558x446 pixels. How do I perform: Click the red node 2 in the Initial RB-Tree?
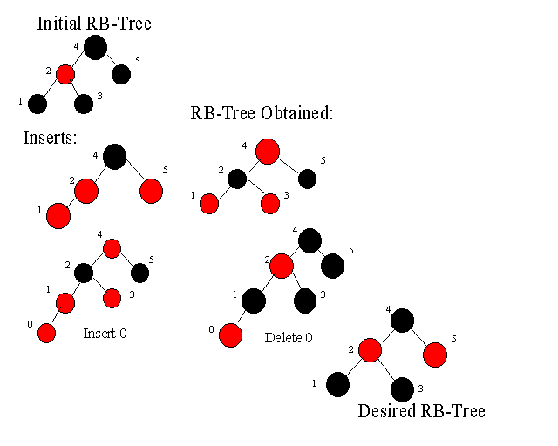pyautogui.click(x=65, y=74)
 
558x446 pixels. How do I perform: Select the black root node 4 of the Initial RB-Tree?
pyautogui.click(x=95, y=47)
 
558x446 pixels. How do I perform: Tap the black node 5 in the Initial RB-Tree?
pyautogui.click(x=121, y=74)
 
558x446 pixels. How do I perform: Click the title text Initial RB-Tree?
pyautogui.click(x=94, y=24)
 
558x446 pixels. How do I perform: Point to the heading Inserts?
pyautogui.click(x=50, y=138)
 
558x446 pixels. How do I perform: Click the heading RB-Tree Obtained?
pyautogui.click(x=262, y=113)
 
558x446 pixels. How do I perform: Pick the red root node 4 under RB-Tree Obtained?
pyautogui.click(x=268, y=152)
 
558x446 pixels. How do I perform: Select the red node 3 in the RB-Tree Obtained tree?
pyautogui.click(x=270, y=204)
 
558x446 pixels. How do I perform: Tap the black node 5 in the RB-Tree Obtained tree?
pyautogui.click(x=308, y=179)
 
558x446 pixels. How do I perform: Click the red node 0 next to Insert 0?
pyautogui.click(x=46, y=334)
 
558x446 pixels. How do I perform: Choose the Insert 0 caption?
pyautogui.click(x=105, y=334)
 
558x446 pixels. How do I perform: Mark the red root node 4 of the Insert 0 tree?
pyautogui.click(x=112, y=248)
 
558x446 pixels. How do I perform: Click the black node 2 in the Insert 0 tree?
pyautogui.click(x=84, y=274)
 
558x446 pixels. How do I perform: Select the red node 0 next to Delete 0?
pyautogui.click(x=230, y=335)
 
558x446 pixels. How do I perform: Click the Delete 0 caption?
pyautogui.click(x=289, y=337)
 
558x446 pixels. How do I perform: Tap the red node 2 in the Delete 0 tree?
pyautogui.click(x=282, y=266)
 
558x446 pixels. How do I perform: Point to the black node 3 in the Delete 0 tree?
pyautogui.click(x=305, y=301)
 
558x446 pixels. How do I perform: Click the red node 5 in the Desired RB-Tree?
pyautogui.click(x=435, y=355)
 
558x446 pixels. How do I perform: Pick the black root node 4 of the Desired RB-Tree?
pyautogui.click(x=402, y=321)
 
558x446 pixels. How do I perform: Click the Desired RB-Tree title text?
pyautogui.click(x=422, y=411)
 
